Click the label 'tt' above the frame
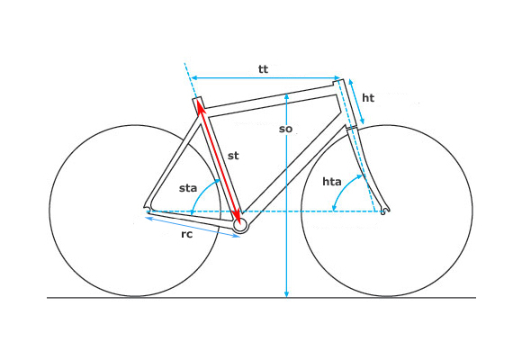[x=263, y=69]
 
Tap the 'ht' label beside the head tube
[x=368, y=98]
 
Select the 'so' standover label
[x=285, y=129]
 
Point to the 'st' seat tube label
[x=233, y=156]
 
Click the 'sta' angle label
[x=188, y=188]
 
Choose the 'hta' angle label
[x=332, y=182]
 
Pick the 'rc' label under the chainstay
[x=187, y=234]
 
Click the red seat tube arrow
[x=219, y=162]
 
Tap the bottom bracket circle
[x=240, y=226]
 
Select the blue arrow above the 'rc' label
[x=193, y=227]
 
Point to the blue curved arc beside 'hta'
[x=343, y=188]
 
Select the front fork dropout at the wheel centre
[x=384, y=211]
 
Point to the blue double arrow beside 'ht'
[x=356, y=102]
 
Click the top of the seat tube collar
[x=197, y=98]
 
